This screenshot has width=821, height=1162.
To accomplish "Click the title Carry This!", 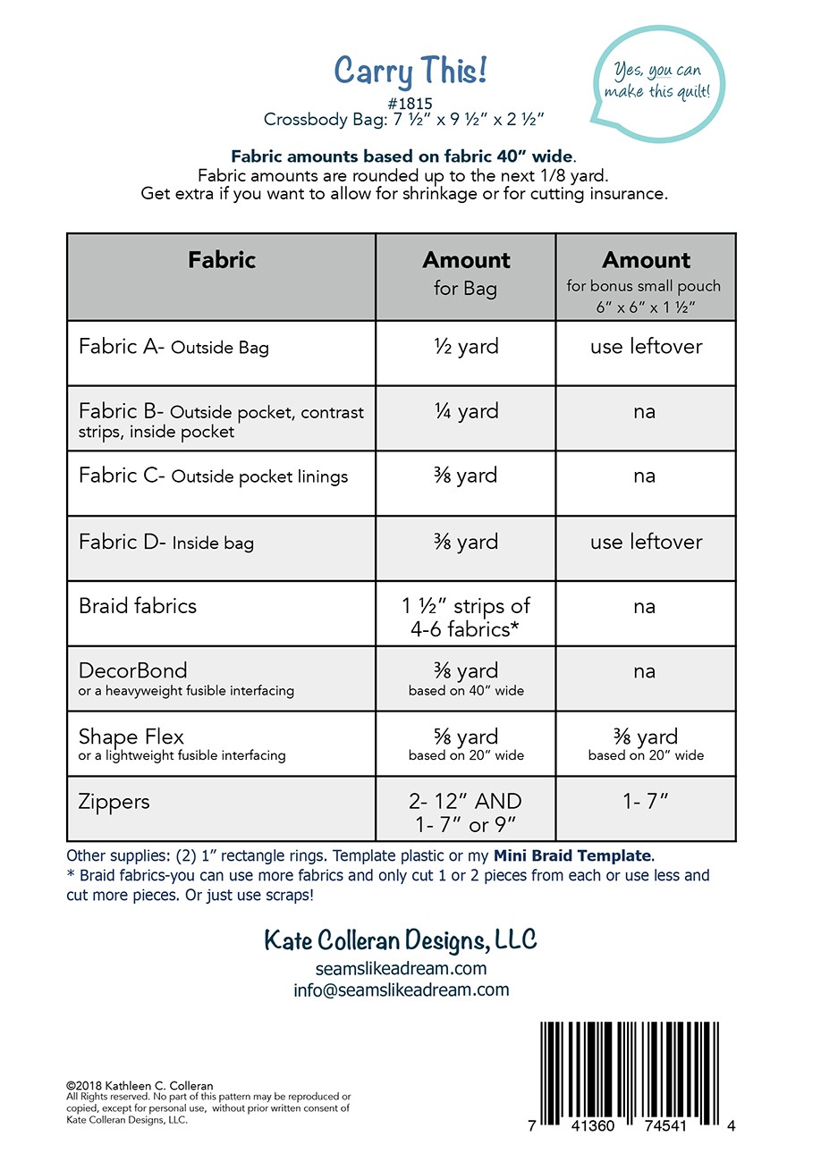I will [410, 70].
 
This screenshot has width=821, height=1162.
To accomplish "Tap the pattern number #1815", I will [411, 104].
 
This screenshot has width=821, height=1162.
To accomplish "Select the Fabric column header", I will [222, 260].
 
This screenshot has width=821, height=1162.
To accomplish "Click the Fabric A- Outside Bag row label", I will [174, 347].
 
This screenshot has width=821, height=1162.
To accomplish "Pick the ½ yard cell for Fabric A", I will [465, 347].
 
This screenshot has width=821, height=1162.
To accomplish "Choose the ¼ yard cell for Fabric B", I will [465, 411].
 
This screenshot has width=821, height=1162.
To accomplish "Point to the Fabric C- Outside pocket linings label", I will [213, 476].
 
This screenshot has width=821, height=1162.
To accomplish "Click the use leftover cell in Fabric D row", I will [646, 542].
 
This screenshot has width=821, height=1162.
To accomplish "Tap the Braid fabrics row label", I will [138, 606].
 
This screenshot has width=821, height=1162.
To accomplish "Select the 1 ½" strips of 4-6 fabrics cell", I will [465, 617].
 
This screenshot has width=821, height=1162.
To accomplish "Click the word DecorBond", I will [132, 670].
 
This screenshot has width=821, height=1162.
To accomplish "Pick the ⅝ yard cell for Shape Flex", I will [465, 737].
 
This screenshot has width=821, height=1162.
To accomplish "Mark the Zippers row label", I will [114, 802].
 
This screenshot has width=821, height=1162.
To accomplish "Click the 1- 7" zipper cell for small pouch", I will [646, 802].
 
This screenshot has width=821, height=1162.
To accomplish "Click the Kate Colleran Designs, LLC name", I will [401, 940].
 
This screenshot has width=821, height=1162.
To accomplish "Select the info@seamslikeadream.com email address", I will [401, 989].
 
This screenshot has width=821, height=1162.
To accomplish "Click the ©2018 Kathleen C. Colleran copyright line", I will [140, 1086].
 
